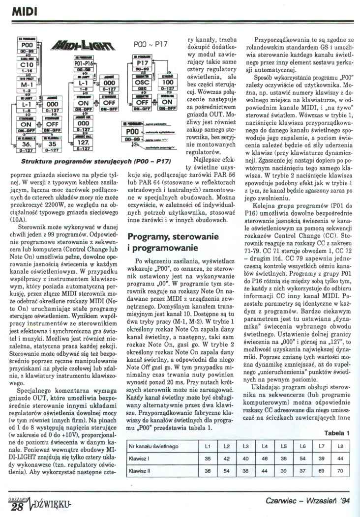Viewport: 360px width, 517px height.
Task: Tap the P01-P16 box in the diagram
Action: tap(80, 63)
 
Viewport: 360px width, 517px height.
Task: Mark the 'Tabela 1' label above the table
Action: tap(337, 432)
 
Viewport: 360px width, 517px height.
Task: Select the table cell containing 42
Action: tap(227, 459)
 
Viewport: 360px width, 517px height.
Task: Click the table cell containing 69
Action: tap(321, 471)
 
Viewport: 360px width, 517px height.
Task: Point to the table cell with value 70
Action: tap(340, 471)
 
